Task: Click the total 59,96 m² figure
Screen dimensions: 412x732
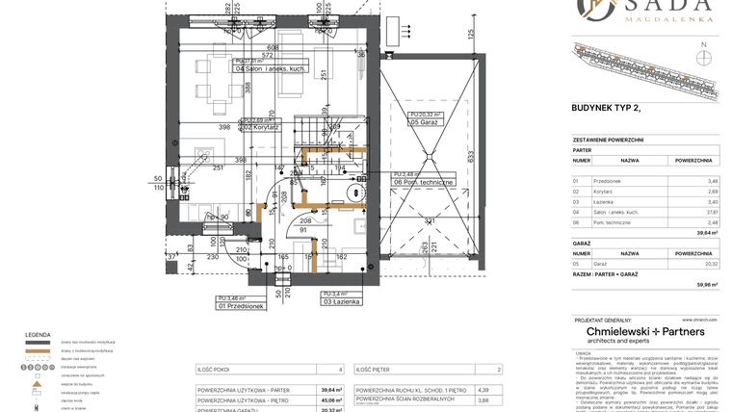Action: (706, 285)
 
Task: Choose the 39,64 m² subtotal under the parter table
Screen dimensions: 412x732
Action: (706, 232)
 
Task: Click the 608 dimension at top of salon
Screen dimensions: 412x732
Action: (273, 47)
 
